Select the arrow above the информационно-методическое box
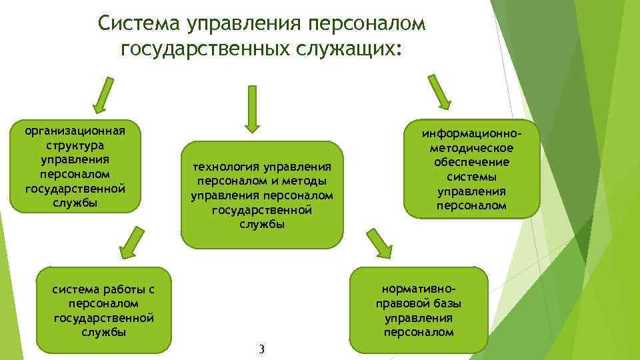click(x=439, y=92)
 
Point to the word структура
click(x=75, y=145)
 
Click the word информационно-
click(x=471, y=133)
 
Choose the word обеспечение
click(x=471, y=163)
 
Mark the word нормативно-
click(x=419, y=289)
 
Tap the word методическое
click(x=471, y=148)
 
